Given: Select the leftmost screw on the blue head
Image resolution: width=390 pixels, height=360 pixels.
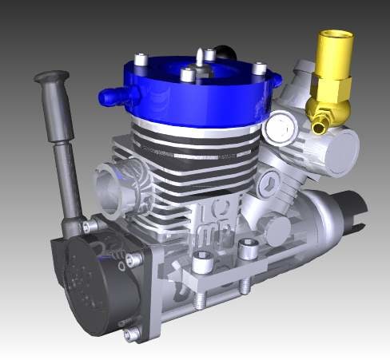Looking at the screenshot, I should click(141, 60).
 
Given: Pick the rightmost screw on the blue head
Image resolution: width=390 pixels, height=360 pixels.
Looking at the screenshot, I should click(258, 69).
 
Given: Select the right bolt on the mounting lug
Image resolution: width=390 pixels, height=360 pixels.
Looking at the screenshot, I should click(241, 254).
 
